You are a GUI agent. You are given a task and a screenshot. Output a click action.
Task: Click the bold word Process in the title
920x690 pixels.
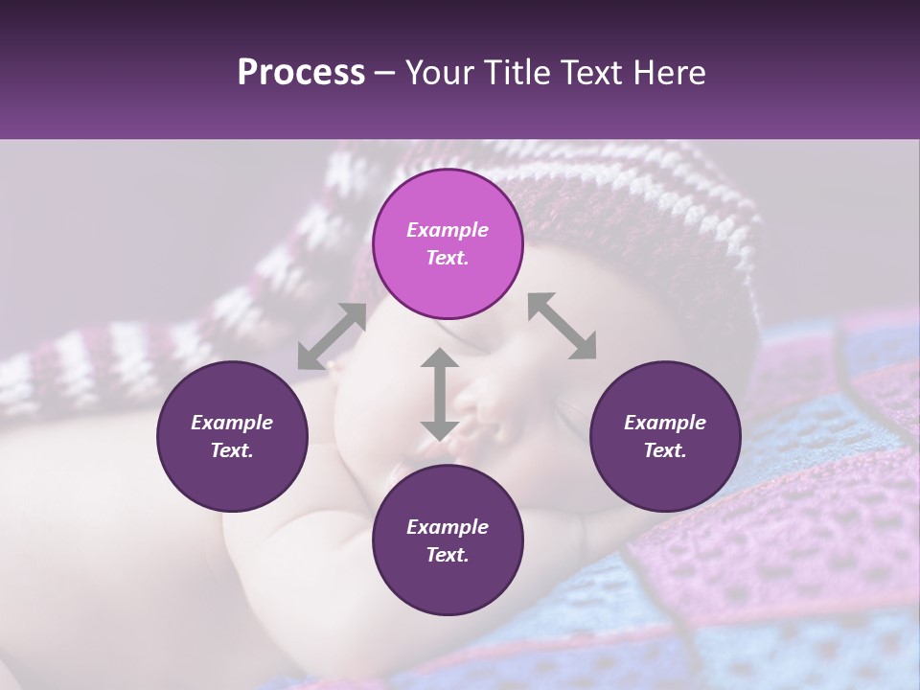[x=301, y=73]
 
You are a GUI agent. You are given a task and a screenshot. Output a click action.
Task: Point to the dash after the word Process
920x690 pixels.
[x=385, y=74]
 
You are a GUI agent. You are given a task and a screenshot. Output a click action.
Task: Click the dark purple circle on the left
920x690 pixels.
[x=232, y=436]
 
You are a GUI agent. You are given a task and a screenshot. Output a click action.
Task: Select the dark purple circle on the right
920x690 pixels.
[x=665, y=436]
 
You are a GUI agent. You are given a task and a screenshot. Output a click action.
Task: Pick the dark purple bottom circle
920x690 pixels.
[x=448, y=540]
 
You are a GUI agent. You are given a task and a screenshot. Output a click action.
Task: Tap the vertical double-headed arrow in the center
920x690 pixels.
[x=439, y=394]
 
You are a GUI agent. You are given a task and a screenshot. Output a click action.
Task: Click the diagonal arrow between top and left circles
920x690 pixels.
[x=332, y=336]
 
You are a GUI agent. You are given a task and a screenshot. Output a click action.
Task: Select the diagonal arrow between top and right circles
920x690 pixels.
[x=563, y=326]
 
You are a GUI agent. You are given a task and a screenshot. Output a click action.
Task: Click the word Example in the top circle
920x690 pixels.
[x=448, y=230]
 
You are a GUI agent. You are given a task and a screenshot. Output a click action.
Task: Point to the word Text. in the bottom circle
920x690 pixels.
[x=448, y=555]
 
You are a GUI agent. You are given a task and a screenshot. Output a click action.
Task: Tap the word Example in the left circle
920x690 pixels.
[x=232, y=423]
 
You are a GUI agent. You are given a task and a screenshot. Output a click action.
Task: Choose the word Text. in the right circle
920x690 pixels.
[x=665, y=450]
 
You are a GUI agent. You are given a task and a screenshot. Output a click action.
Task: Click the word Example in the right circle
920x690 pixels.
[x=665, y=423]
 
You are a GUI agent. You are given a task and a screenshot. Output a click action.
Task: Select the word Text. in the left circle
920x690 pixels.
[x=232, y=450]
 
